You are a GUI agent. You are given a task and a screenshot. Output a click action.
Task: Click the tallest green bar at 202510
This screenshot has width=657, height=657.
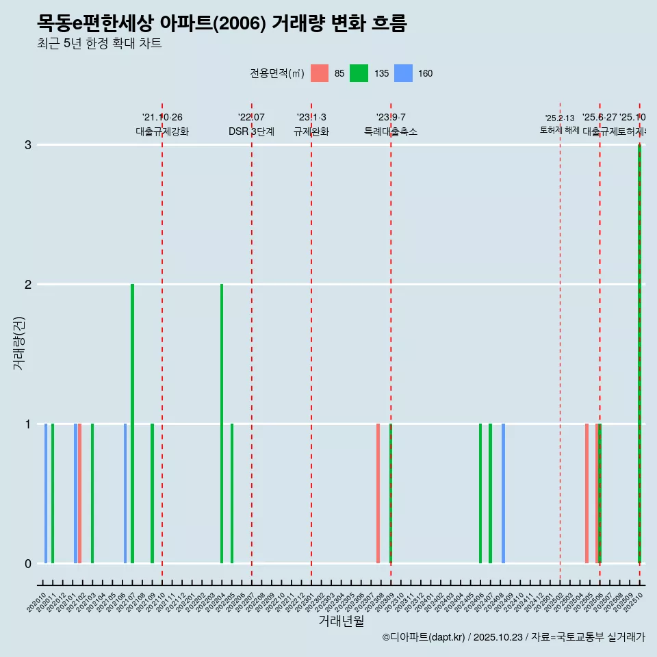pyautogui.click(x=639, y=353)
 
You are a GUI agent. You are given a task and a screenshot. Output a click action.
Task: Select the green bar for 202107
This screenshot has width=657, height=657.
pyautogui.click(x=132, y=423)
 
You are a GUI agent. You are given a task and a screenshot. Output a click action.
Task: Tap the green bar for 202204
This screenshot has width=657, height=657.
pyautogui.click(x=222, y=423)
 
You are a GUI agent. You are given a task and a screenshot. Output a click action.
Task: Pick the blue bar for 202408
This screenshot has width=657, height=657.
pyautogui.click(x=503, y=493)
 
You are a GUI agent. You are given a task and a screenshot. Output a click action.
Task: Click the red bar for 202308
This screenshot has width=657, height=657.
pyautogui.click(x=378, y=493)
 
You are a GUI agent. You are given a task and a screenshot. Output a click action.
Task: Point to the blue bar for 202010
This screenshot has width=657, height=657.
pyautogui.click(x=46, y=493)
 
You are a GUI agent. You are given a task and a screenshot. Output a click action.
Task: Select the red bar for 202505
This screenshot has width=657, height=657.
pyautogui.click(x=587, y=493)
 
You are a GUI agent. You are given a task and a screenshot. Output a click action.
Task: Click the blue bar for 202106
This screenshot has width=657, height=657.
pyautogui.click(x=125, y=493)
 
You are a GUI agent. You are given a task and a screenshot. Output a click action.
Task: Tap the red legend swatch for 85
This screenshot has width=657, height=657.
pyautogui.click(x=320, y=73)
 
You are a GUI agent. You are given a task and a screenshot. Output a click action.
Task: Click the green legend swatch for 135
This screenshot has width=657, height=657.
pyautogui.click(x=359, y=73)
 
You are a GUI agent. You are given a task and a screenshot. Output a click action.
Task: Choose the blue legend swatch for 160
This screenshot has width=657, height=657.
pyautogui.click(x=404, y=73)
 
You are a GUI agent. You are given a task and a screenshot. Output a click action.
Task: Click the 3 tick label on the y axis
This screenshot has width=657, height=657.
pyautogui.click(x=28, y=144)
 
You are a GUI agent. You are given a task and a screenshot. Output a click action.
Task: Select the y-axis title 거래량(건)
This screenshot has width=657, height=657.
pyautogui.click(x=18, y=343)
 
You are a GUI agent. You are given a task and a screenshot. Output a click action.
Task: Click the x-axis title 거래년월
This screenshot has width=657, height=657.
pyautogui.click(x=341, y=621)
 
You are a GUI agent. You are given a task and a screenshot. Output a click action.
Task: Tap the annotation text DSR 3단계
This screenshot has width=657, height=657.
pyautogui.click(x=251, y=131)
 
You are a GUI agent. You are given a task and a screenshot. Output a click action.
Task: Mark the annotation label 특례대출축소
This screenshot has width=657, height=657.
pyautogui.click(x=390, y=131)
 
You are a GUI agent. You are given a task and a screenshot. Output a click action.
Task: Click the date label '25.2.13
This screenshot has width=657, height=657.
pyautogui.click(x=560, y=118)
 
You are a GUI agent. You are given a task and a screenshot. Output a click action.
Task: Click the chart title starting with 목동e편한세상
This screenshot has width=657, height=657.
pyautogui.click(x=222, y=23)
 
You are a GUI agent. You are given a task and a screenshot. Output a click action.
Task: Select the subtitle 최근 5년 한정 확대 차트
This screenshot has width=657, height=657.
pyautogui.click(x=99, y=44)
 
